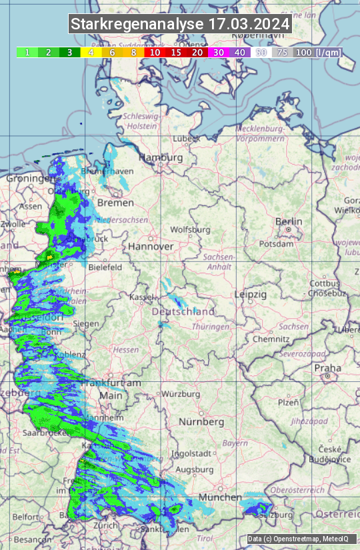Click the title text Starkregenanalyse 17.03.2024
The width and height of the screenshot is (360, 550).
(x=180, y=25)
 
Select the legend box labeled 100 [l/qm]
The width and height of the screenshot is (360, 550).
(x=317, y=52)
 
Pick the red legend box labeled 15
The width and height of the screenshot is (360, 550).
(x=176, y=52)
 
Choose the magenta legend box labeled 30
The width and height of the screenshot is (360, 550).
(x=219, y=52)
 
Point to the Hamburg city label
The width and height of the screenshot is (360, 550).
(x=161, y=158)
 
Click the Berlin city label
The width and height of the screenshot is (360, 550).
(x=289, y=222)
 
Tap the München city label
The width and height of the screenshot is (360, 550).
(x=219, y=497)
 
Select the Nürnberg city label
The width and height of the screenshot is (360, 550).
(x=201, y=422)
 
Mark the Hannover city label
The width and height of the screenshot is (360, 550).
(x=151, y=246)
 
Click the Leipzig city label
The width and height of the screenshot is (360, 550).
(x=251, y=294)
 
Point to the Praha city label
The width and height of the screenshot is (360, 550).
(x=327, y=368)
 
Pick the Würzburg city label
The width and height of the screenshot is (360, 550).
(x=181, y=394)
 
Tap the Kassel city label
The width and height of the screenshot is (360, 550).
(x=141, y=297)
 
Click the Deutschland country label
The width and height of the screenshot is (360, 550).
(x=183, y=311)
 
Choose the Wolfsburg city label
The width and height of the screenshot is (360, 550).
(x=191, y=230)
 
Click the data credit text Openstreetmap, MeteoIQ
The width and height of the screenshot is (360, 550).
(x=301, y=539)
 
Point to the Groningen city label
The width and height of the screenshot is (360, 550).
(x=30, y=179)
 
